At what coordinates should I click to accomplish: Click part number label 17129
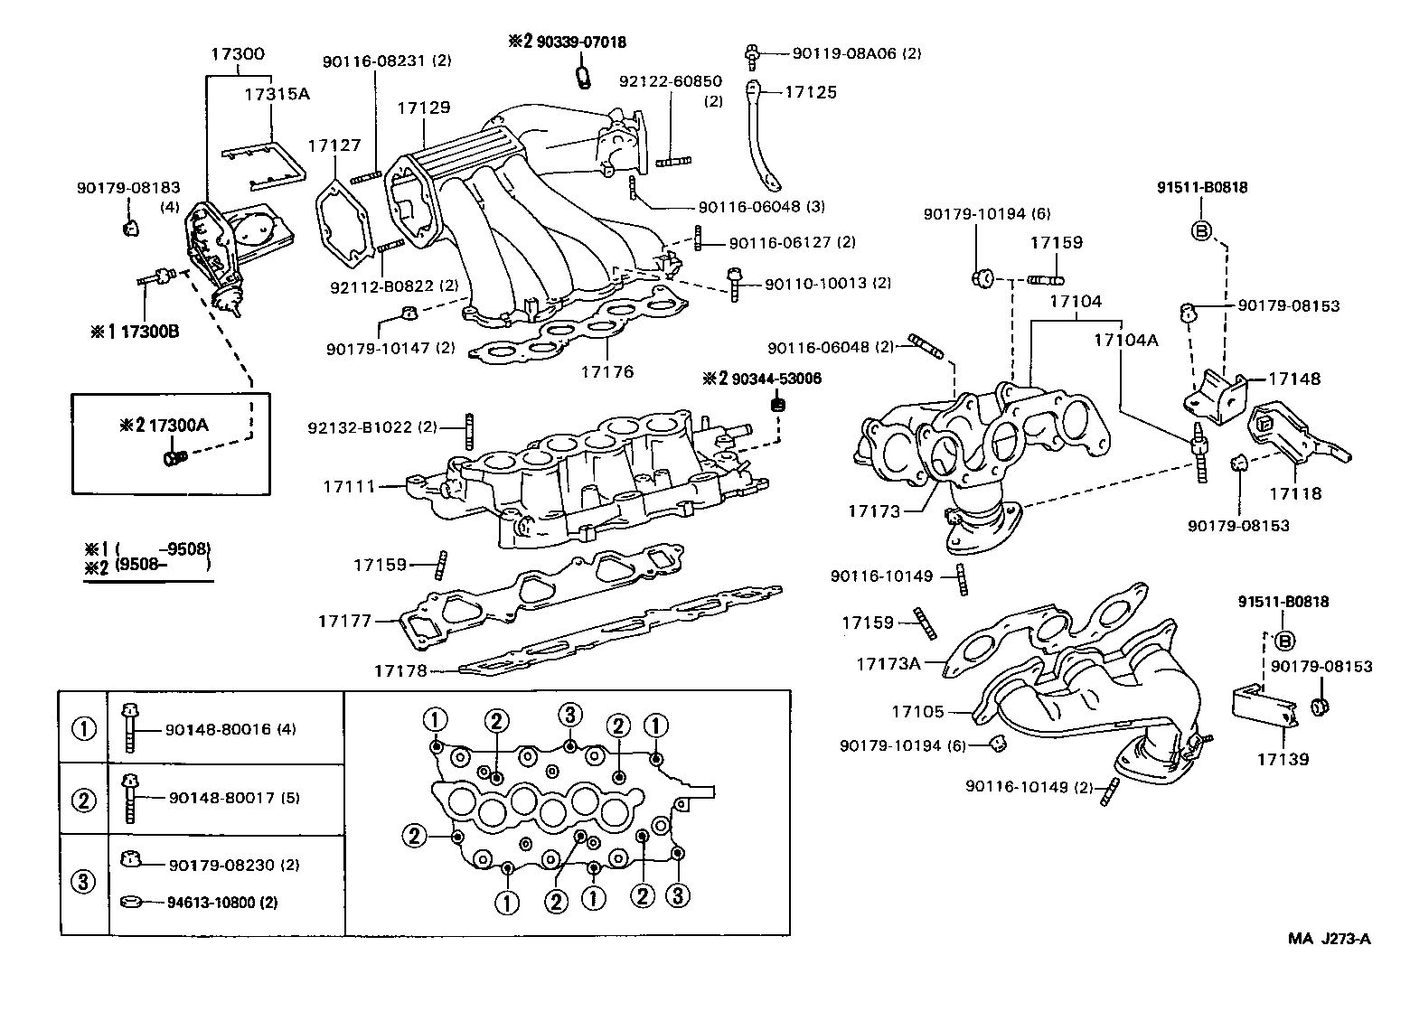(423, 108)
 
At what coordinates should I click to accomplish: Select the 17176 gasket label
(606, 371)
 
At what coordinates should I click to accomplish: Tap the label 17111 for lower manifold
(348, 486)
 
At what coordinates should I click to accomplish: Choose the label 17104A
(1124, 340)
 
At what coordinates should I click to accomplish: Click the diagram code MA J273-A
(1329, 938)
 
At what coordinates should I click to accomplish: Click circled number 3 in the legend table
(83, 881)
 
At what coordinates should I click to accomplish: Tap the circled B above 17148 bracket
(1201, 229)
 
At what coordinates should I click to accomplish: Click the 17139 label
(1282, 760)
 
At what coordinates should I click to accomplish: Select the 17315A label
(276, 92)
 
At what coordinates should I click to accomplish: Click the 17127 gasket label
(334, 145)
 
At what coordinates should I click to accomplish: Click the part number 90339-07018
(580, 42)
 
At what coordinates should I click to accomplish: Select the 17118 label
(1294, 493)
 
